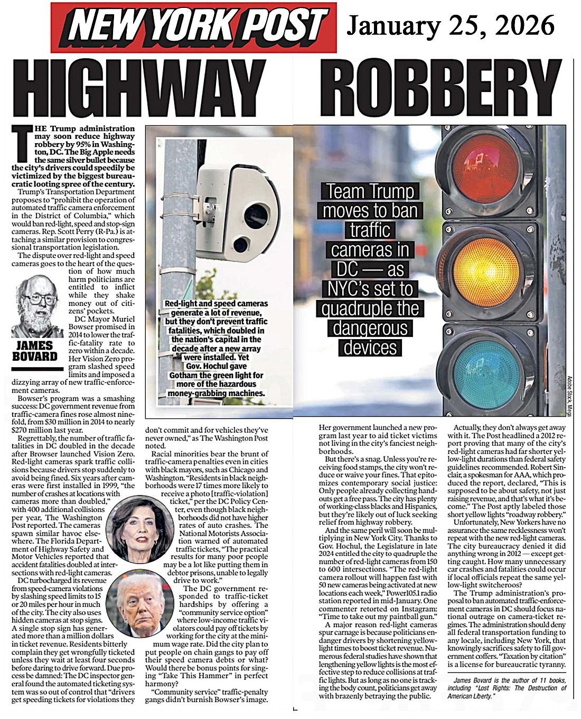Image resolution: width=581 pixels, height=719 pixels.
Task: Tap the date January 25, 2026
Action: point(451,25)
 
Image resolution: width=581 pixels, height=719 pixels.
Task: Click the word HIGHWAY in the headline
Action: point(139,88)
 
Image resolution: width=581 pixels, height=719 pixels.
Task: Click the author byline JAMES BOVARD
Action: point(35,351)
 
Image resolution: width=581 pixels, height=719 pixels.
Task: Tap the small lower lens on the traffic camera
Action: point(240,244)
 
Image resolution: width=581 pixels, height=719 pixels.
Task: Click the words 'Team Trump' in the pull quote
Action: point(370,191)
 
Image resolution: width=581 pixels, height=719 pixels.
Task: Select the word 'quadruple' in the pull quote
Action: point(370,309)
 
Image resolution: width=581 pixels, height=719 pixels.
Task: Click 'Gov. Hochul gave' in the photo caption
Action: point(216,366)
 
